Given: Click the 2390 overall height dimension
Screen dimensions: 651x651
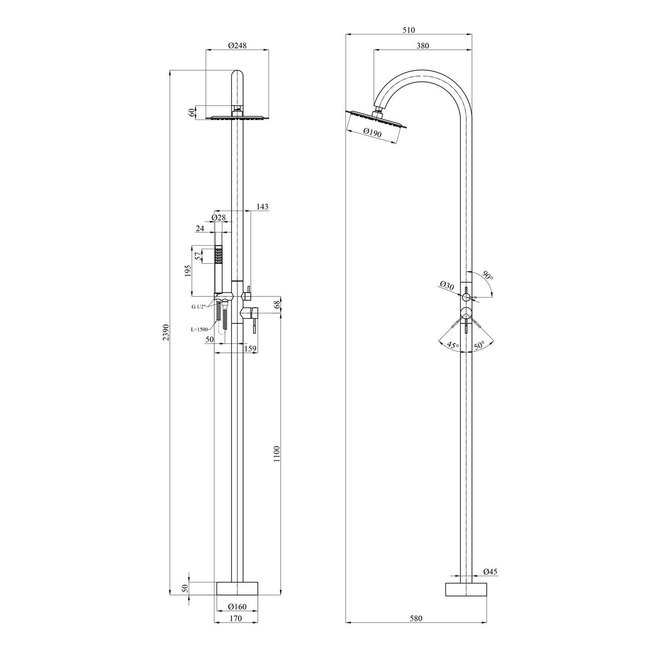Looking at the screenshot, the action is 165,333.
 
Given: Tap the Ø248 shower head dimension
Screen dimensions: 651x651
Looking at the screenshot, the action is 238,45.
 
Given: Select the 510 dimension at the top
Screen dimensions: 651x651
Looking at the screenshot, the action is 409,30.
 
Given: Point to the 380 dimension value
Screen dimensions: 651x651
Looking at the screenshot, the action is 423,46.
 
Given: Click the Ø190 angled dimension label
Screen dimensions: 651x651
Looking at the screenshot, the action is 372,133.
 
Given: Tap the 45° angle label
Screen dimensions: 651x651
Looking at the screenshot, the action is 453,345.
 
